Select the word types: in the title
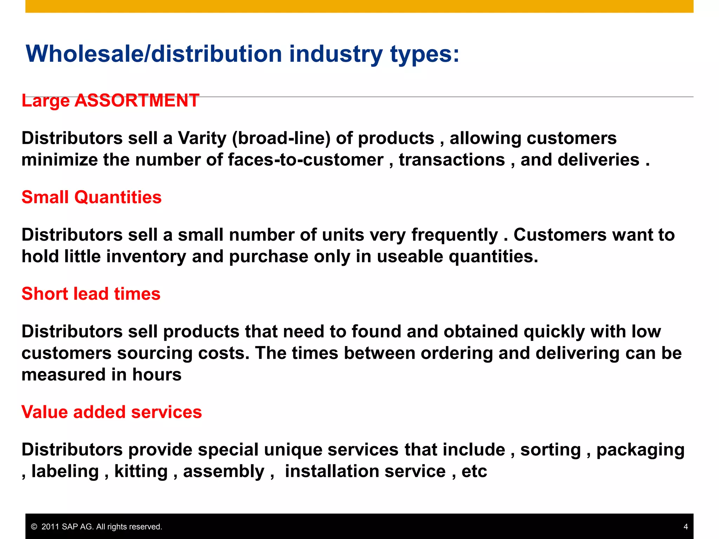tap(424, 55)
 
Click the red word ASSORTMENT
tap(137, 100)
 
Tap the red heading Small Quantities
tap(92, 197)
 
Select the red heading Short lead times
tap(91, 294)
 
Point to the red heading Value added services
tap(112, 412)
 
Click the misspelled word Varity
tap(202, 138)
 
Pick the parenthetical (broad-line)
tap(281, 138)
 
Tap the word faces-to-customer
tap(305, 160)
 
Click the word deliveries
tap(598, 160)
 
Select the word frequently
tap(455, 235)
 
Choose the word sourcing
tap(155, 353)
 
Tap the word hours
tap(157, 375)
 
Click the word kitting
tap(141, 471)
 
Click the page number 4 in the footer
tap(686, 527)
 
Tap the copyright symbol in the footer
tap(34, 527)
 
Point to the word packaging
tap(640, 450)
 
